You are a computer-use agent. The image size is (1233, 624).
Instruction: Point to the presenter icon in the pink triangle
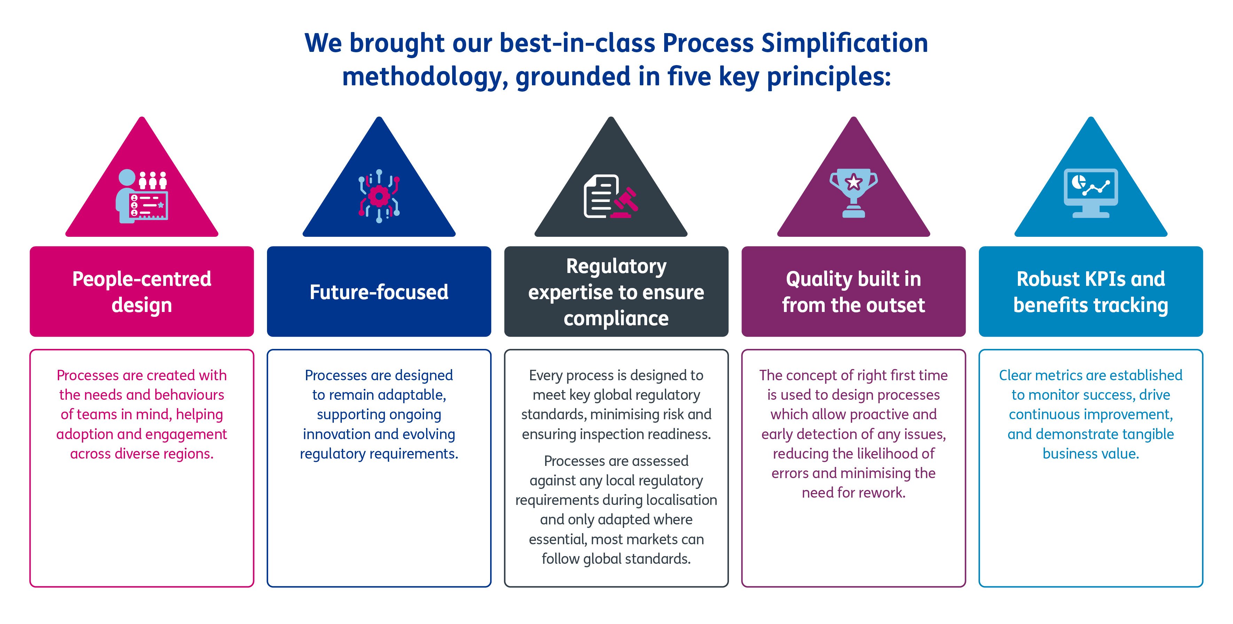[x=142, y=196]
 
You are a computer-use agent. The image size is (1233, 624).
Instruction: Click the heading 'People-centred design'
[x=142, y=292]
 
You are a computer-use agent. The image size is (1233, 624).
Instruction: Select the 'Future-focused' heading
[x=379, y=292]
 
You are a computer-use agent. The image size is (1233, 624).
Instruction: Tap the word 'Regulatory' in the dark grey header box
[x=616, y=267]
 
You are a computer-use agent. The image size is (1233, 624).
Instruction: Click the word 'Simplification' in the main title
[x=845, y=43]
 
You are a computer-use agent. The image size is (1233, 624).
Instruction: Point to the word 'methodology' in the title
[x=425, y=77]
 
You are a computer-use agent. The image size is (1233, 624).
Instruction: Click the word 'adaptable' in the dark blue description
[x=403, y=395]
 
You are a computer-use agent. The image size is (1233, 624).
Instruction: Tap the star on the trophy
[x=854, y=182]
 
